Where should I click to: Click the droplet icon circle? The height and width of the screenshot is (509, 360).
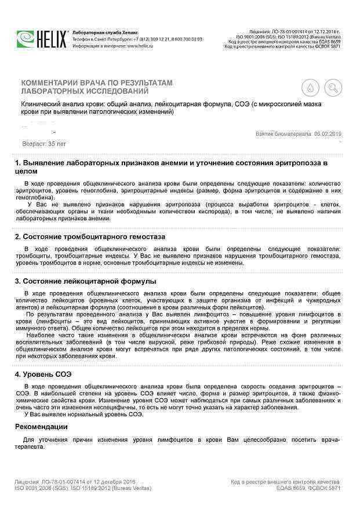pyautogui.click(x=310, y=88)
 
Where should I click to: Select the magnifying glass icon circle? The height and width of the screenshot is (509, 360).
pyautogui.click(x=333, y=88)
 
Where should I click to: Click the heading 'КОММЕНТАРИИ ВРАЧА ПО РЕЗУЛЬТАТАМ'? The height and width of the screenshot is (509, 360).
pyautogui.click(x=97, y=83)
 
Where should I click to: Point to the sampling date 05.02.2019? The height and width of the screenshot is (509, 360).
pyautogui.click(x=328, y=133)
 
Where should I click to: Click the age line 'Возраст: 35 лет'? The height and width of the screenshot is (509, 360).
pyautogui.click(x=44, y=143)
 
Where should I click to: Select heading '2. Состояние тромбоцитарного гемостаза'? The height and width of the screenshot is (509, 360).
pyautogui.click(x=90, y=237)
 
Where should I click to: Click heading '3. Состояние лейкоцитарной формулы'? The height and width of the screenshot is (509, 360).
pyautogui.click(x=85, y=281)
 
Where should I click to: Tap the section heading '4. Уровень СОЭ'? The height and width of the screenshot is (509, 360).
pyautogui.click(x=43, y=374)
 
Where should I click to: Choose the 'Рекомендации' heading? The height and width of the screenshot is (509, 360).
pyautogui.click(x=41, y=427)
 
